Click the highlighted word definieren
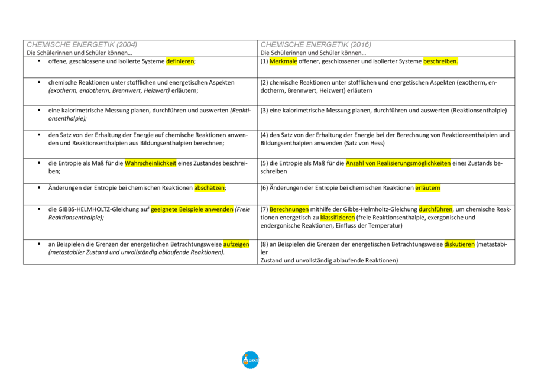(x=180, y=61)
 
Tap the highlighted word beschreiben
(x=440, y=61)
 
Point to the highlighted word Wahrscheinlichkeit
(x=150, y=163)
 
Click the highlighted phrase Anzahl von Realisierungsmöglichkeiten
(x=398, y=163)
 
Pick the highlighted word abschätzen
(x=209, y=187)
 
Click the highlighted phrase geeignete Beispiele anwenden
(x=192, y=209)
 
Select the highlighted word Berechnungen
(x=289, y=209)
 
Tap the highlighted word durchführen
(x=435, y=209)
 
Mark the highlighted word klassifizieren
(x=337, y=217)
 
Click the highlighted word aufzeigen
(x=236, y=244)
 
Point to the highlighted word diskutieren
(x=459, y=244)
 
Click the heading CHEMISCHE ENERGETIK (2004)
(x=81, y=45)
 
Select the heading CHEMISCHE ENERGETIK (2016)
(x=316, y=45)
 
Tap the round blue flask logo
(x=250, y=359)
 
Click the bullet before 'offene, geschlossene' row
(x=39, y=61)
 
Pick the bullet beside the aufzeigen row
(x=39, y=243)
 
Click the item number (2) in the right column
(x=265, y=82)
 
